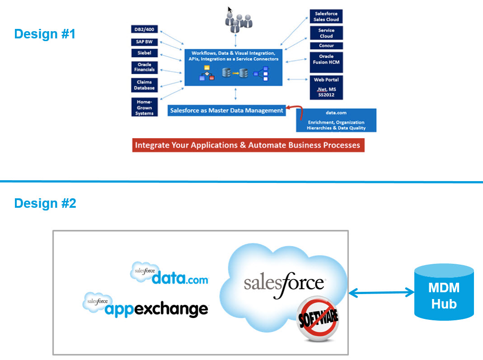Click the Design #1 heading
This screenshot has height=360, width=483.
pyautogui.click(x=45, y=34)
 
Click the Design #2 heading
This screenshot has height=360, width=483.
pyautogui.click(x=45, y=203)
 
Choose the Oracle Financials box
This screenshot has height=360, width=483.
pyautogui.click(x=144, y=67)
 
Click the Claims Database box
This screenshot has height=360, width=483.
pyautogui.click(x=144, y=85)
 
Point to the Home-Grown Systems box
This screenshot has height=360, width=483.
pyautogui.click(x=144, y=108)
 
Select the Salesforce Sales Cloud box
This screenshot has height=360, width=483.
pyautogui.click(x=326, y=17)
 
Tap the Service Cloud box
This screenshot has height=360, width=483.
pyautogui.click(x=326, y=33)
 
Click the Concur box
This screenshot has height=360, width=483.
pyautogui.click(x=326, y=46)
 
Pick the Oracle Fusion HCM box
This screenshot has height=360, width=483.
pyautogui.click(x=326, y=62)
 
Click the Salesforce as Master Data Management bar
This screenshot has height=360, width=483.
pyautogui.click(x=226, y=110)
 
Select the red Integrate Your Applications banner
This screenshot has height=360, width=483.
pyautogui.click(x=248, y=145)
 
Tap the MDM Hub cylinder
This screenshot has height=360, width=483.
pyautogui.click(x=444, y=292)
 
